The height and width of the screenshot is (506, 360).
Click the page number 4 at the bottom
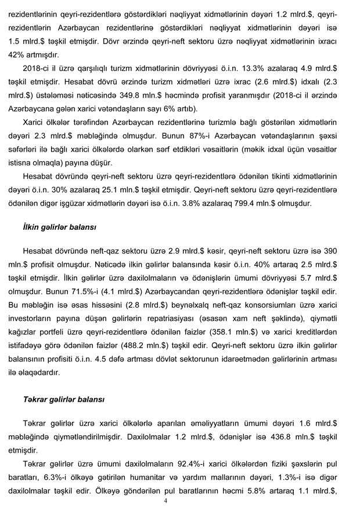pos(165,501)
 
